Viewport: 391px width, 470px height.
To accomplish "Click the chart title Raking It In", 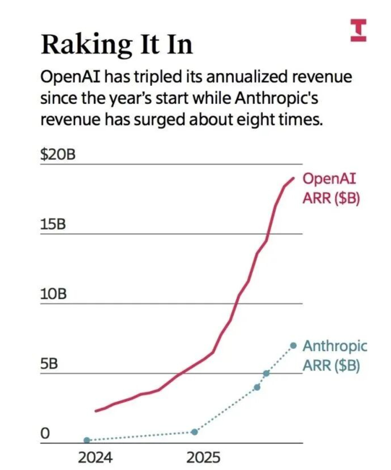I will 116,45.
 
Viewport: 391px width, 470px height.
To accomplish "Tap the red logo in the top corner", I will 358,30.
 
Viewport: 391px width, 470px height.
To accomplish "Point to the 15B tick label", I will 53,225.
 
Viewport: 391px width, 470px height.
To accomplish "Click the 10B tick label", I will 53,294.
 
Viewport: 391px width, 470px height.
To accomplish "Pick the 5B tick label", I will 49,364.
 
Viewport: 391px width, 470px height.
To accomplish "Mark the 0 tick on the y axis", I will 45,433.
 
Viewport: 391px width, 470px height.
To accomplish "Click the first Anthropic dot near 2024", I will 87,440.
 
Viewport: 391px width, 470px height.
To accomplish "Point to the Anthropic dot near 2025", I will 195,432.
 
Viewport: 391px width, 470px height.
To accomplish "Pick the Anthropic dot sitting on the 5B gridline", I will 266,373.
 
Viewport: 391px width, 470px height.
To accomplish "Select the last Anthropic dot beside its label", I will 294,345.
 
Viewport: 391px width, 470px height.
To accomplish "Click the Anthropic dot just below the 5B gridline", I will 257,387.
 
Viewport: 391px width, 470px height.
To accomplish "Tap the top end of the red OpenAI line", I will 293,178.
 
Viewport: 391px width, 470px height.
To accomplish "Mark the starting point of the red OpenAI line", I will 96,411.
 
